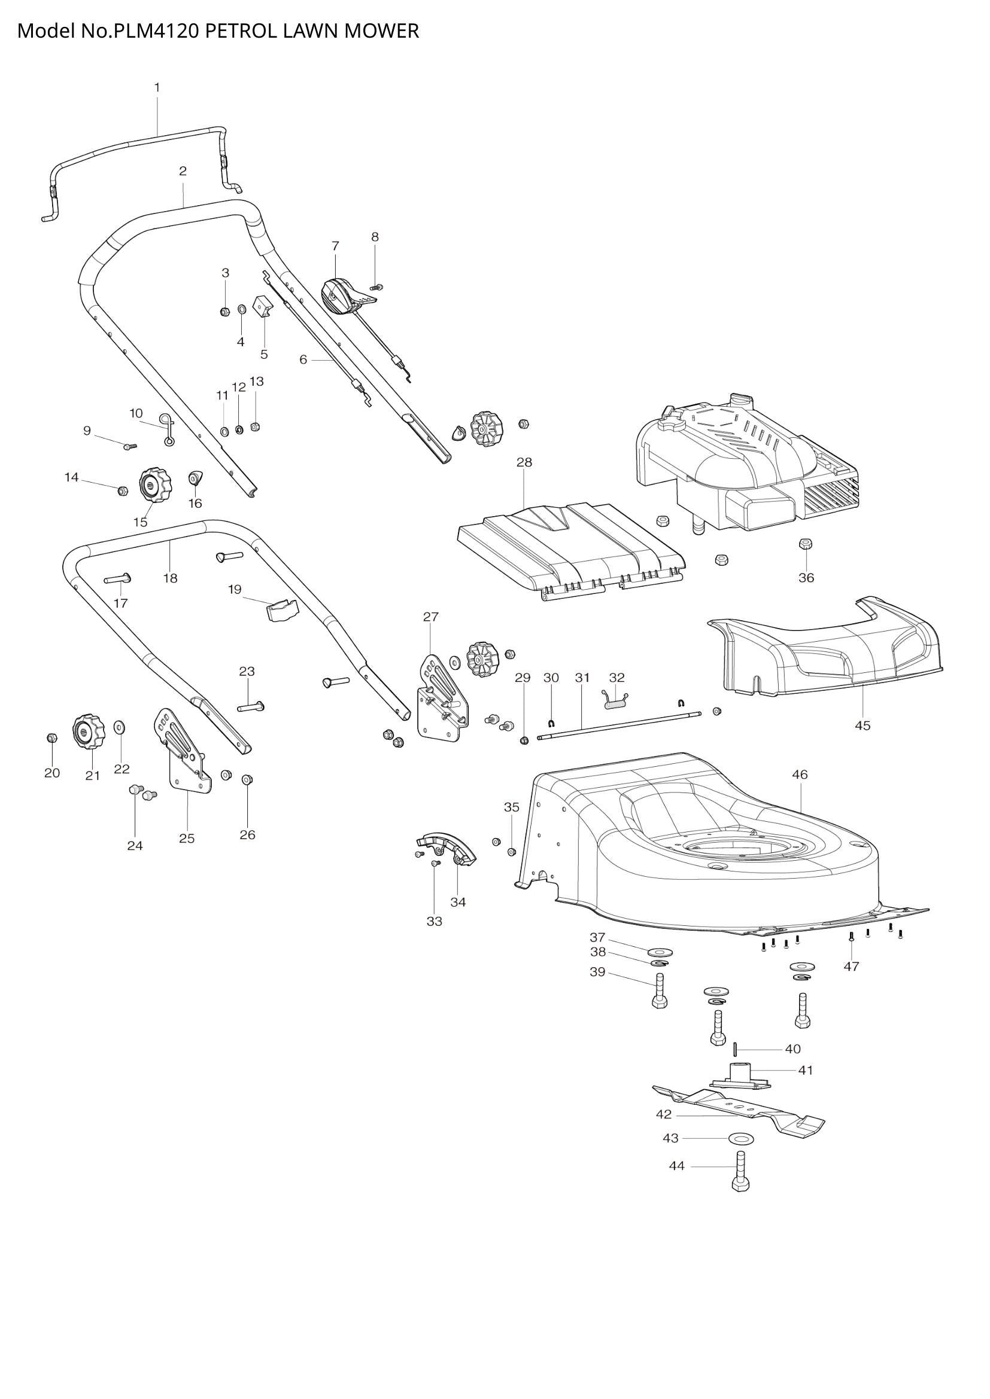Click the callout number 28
pyautogui.click(x=524, y=462)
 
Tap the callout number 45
pyautogui.click(x=862, y=725)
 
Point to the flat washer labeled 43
pyautogui.click(x=739, y=1138)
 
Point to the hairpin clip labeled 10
pyautogui.click(x=167, y=428)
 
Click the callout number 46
pyautogui.click(x=799, y=775)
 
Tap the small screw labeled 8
pyautogui.click(x=376, y=286)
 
